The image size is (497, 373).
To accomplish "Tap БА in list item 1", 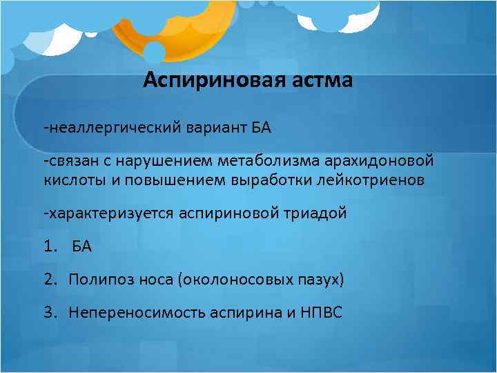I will pyautogui.click(x=82, y=247).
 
